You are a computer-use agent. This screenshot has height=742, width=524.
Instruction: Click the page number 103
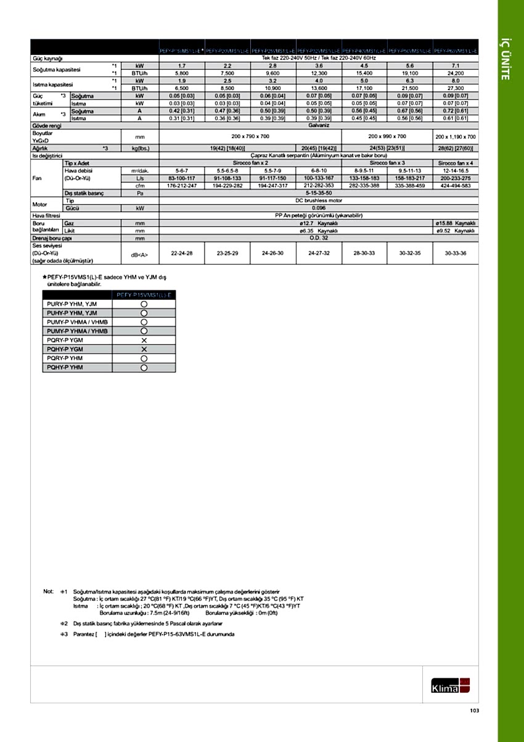click(x=473, y=711)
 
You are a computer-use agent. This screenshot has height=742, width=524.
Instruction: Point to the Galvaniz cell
click(x=317, y=125)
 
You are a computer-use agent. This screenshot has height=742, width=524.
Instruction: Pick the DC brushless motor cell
click(x=317, y=200)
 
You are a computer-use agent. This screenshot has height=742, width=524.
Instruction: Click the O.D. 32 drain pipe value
click(x=317, y=237)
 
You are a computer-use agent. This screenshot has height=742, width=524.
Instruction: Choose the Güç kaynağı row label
click(x=47, y=58)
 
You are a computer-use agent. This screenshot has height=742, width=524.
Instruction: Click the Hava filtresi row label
click(x=49, y=215)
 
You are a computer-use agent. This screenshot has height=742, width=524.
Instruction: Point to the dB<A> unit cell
click(x=139, y=254)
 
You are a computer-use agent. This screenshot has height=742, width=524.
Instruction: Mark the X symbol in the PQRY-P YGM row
click(x=144, y=340)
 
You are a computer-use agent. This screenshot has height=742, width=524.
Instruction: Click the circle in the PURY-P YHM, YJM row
click(x=144, y=304)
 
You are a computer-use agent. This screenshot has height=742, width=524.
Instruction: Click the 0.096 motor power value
click(x=317, y=208)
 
